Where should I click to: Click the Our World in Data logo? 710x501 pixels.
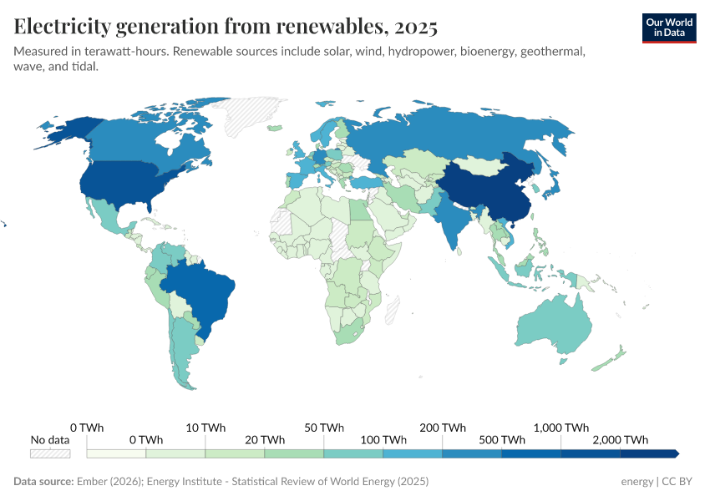point(668,28)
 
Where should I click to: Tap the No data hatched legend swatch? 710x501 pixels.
point(50,453)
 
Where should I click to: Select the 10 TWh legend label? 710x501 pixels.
point(205,428)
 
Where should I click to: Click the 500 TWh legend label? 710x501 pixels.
point(502,440)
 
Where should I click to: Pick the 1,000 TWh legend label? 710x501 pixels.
point(560,428)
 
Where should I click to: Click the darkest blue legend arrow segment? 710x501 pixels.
point(649,453)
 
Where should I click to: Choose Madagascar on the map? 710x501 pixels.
point(391,311)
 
